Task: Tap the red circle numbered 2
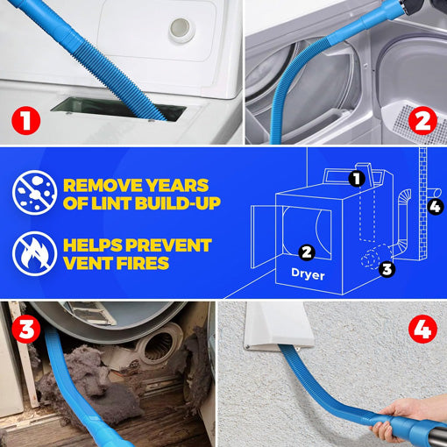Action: click(x=425, y=120)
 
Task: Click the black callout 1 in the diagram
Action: click(x=356, y=179)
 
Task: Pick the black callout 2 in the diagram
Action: click(x=306, y=252)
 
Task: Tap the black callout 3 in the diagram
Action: click(x=387, y=268)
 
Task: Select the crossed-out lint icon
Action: click(x=32, y=194)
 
